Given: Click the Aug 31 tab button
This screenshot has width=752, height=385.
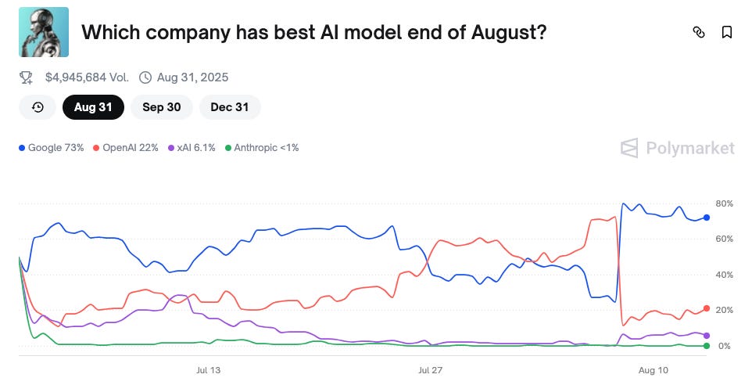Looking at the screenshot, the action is (x=93, y=107).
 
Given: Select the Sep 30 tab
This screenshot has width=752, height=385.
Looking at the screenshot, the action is (x=162, y=107).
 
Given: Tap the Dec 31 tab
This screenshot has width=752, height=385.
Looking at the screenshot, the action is (x=230, y=107).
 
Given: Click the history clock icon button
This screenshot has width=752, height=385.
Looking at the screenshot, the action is (x=38, y=107).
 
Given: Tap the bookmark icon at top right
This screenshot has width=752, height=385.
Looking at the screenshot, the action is (x=726, y=32).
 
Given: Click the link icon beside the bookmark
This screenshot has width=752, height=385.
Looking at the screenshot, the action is (x=700, y=32).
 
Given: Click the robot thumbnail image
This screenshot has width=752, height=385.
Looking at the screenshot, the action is (x=44, y=32).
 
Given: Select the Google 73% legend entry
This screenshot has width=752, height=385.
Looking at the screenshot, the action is (x=52, y=148).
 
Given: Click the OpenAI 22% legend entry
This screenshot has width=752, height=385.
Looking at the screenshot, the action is (x=126, y=148).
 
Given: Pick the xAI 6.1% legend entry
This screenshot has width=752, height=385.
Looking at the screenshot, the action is (x=192, y=148).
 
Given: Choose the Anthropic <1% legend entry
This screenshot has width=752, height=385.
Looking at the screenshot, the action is (x=262, y=148).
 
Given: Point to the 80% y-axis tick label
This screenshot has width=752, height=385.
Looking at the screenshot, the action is (x=724, y=203).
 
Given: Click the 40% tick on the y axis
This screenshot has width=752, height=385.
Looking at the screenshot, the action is (x=724, y=275).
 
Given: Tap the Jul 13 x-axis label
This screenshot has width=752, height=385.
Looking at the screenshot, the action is (x=208, y=370).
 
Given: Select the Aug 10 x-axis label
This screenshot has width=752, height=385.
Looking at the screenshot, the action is (x=654, y=370).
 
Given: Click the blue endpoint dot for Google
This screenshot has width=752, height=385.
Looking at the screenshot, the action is (x=707, y=218).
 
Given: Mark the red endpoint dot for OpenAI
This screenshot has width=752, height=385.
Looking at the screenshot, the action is (x=707, y=308).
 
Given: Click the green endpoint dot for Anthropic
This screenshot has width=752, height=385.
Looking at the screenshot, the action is (x=707, y=346).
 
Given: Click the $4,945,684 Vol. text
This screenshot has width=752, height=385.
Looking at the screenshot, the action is (x=87, y=77).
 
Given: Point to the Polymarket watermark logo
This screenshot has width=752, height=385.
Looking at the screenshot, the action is (x=677, y=148).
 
